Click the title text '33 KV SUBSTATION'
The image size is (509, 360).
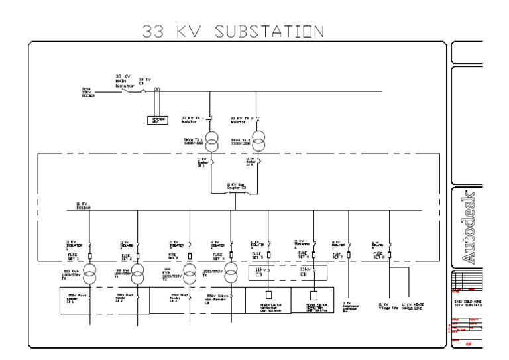pyautogui.click(x=233, y=31)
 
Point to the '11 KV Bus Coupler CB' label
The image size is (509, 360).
pyautogui.click(x=237, y=186)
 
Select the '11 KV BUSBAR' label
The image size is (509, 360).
pyautogui.click(x=83, y=205)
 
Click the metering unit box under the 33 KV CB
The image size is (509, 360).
pyautogui.click(x=158, y=120)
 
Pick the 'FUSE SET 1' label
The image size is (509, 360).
pyautogui.click(x=73, y=255)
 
